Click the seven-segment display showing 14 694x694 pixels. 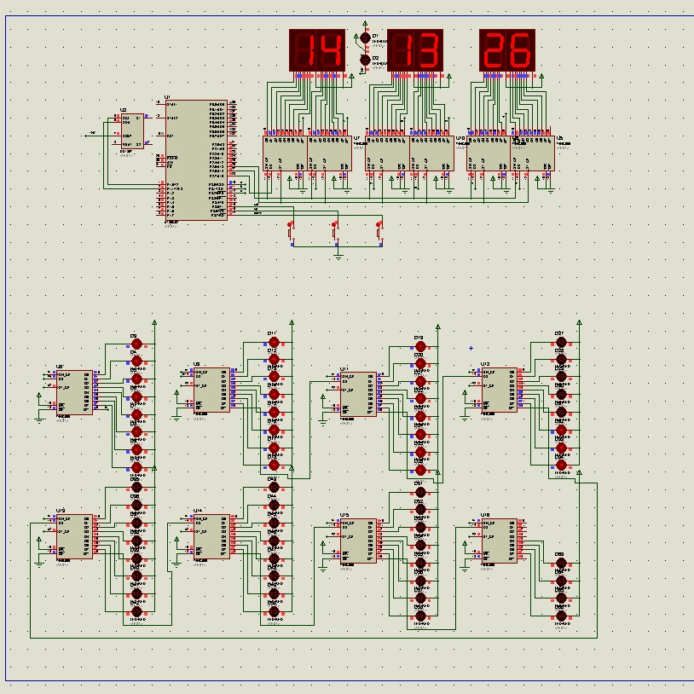[317, 50]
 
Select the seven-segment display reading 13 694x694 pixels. [415, 50]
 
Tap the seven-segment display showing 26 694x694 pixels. [507, 50]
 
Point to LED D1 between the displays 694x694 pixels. [366, 38]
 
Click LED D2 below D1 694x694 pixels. [366, 61]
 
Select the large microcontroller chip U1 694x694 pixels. [196, 160]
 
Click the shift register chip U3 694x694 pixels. [76, 392]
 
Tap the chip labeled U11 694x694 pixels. [358, 395]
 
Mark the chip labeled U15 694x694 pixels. [358, 541]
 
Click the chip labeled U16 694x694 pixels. [499, 541]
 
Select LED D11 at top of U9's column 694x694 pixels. [274, 341]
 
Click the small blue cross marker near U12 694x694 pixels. [471, 347]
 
